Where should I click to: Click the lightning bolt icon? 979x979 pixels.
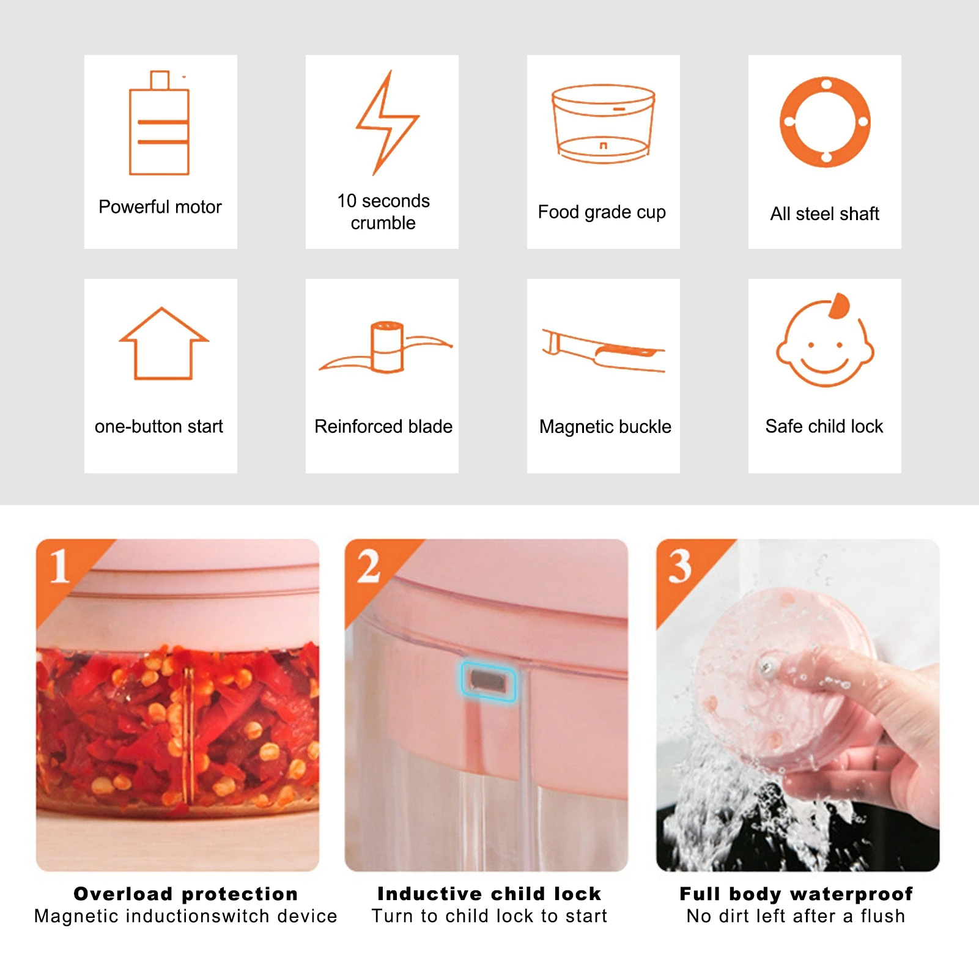coord(386,122)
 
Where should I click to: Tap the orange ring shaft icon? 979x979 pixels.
coord(826,122)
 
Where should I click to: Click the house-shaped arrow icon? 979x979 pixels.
coord(163,344)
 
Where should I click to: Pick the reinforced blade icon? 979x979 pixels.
coord(386,348)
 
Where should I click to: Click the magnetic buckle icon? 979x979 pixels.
coord(604,350)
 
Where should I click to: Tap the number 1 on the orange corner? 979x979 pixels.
coord(59,566)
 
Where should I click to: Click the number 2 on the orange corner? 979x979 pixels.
coord(369,566)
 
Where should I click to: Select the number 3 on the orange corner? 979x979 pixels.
coord(680,566)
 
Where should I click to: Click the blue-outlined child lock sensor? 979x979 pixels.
coord(488,681)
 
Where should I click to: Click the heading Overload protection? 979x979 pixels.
coord(186,894)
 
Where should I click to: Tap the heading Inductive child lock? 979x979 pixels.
coord(489,894)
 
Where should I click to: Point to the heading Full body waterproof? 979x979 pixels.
coord(796,894)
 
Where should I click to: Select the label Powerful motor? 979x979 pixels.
coord(160,207)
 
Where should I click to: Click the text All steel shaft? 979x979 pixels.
coord(824,214)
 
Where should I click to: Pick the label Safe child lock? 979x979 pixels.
coord(824,426)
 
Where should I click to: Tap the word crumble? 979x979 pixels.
coord(383,223)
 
